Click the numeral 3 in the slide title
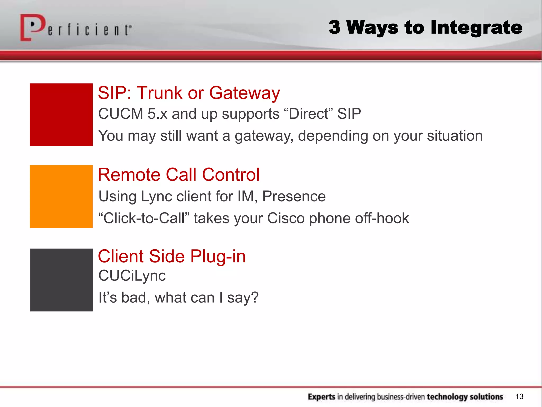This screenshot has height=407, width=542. coord(335,27)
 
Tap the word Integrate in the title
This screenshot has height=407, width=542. coord(476,28)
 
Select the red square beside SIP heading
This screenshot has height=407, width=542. coord(61,115)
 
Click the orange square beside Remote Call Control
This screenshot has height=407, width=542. coord(61,196)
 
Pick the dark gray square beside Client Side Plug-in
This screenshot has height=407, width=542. coord(61,280)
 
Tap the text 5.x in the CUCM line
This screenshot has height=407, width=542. coord(157,114)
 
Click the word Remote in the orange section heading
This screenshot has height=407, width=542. coord(129,175)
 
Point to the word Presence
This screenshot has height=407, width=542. coord(294,196)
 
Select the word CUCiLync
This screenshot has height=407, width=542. coord(132,276)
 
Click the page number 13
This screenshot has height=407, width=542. coord(519,396)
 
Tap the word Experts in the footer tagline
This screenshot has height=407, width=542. coord(321,397)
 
